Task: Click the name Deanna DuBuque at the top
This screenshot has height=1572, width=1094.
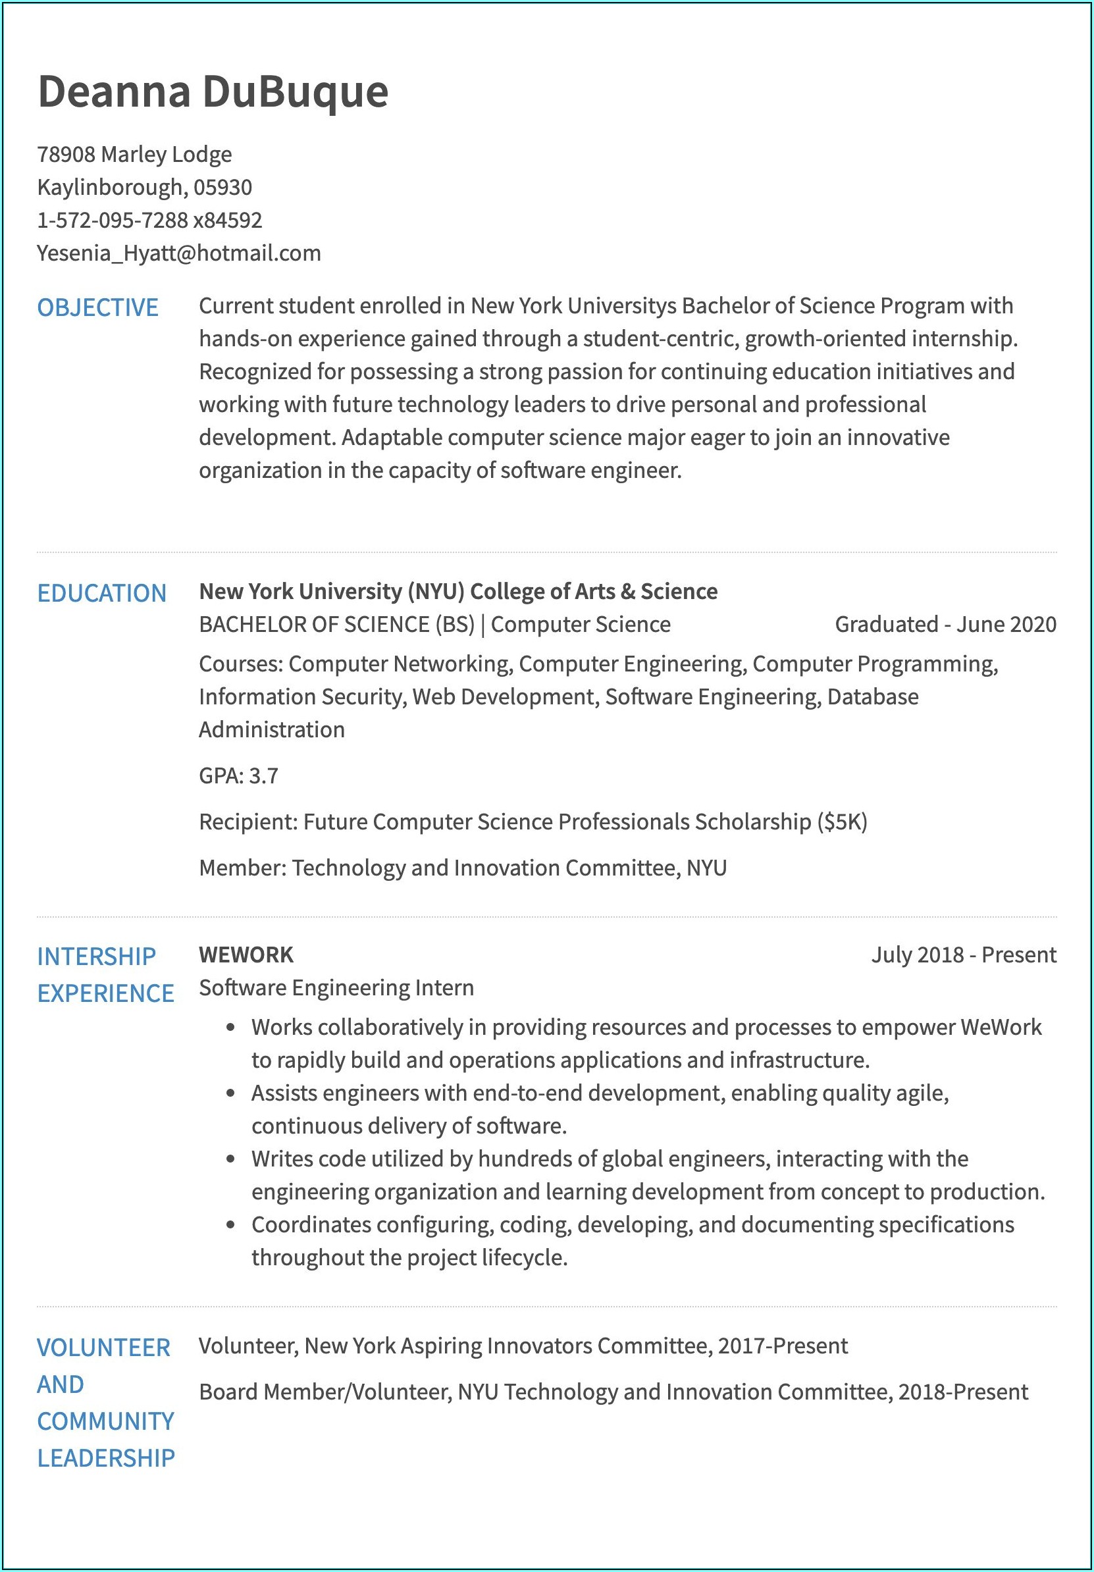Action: coord(213,91)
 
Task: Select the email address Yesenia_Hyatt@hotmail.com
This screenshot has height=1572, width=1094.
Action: coord(178,253)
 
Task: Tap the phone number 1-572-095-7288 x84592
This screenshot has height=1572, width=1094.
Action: coord(149,221)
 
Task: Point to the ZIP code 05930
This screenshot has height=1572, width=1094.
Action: coord(222,188)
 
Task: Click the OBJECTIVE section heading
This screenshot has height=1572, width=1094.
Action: coord(98,308)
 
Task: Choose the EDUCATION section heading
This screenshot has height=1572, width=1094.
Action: coord(102,594)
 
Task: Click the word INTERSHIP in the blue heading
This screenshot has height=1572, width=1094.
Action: coord(97,956)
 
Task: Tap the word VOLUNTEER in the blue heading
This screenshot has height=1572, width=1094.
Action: coord(103,1348)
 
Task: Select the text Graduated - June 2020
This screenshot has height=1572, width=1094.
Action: coord(945,625)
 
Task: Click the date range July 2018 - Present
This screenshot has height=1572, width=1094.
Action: coord(963,955)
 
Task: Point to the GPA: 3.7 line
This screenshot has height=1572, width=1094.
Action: coord(238,775)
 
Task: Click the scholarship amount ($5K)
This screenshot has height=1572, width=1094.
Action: coord(842,822)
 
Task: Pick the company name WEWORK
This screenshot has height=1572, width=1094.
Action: coord(246,955)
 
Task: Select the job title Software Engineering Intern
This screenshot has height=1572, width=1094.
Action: coord(336,988)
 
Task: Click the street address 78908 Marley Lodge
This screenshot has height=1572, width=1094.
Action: coord(134,155)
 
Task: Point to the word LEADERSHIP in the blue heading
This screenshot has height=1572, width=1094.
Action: coord(106,1457)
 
